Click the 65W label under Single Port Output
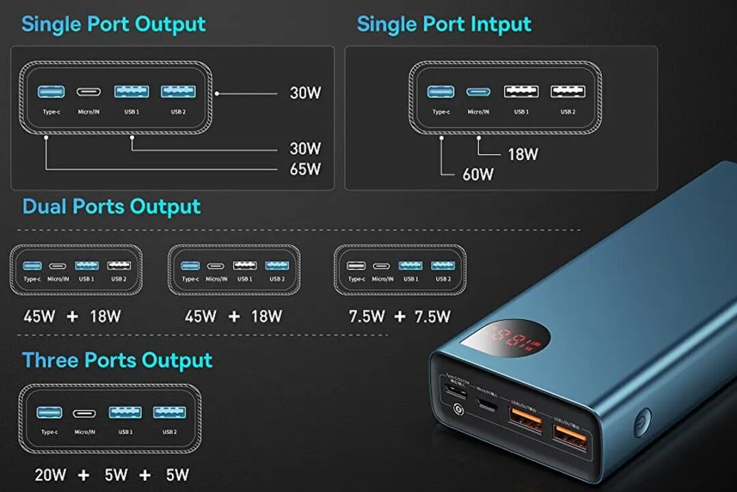click(x=305, y=169)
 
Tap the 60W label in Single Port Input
click(x=478, y=174)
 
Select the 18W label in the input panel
click(x=523, y=154)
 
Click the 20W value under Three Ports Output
click(x=51, y=474)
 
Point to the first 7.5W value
click(x=366, y=316)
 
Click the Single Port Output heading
click(x=113, y=24)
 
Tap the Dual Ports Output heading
click(x=112, y=206)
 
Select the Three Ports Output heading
click(x=117, y=360)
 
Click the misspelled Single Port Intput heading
click(x=444, y=24)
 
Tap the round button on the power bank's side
click(x=641, y=421)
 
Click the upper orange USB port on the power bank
click(x=525, y=418)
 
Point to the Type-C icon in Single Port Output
click(x=51, y=92)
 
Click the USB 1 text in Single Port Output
click(x=132, y=111)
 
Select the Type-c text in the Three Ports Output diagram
click(x=49, y=432)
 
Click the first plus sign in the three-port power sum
click(x=83, y=474)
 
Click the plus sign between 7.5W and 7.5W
click(x=399, y=316)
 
